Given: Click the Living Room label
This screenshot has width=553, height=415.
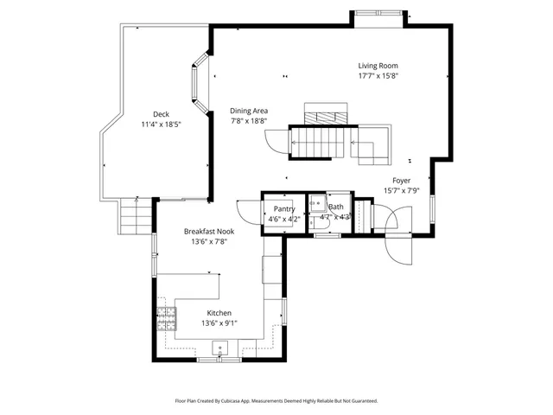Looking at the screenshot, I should tap(378, 66).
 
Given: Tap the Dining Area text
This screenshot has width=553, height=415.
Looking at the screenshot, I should tap(249, 111).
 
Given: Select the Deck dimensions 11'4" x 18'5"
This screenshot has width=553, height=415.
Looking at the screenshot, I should tap(161, 124).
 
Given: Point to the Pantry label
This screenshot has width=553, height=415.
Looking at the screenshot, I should tap(284, 208).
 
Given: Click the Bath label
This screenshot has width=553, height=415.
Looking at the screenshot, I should tap(335, 207).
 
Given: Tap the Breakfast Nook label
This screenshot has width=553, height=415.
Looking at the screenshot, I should tap(207, 231).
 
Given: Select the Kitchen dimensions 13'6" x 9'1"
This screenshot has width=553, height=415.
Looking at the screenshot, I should tap(219, 323).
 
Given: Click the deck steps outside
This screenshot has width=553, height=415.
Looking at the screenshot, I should tap(134, 215).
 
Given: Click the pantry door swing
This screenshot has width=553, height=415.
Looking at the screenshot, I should tap(248, 212).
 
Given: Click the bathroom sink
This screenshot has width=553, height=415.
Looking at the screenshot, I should tap(317, 206).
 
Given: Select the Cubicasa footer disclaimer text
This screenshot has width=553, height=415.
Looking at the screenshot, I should tap(276, 400).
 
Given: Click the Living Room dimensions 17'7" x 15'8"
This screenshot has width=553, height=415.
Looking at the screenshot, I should tap(378, 75).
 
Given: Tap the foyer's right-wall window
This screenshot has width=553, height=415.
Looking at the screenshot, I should tap(432, 207).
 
